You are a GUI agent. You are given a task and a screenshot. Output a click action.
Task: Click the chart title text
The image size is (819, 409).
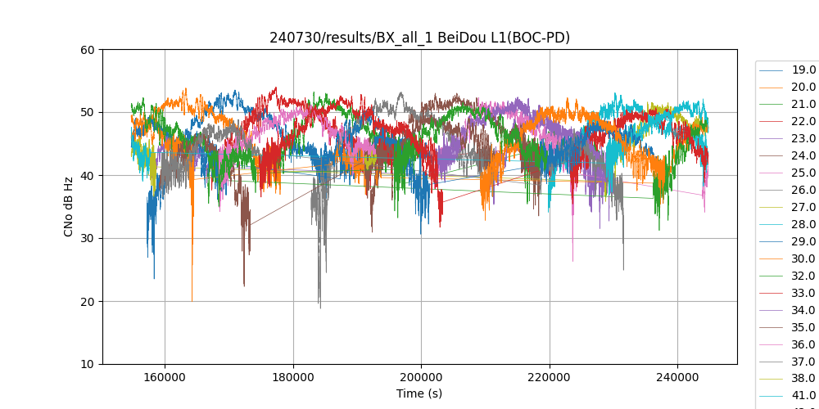(x=419, y=38)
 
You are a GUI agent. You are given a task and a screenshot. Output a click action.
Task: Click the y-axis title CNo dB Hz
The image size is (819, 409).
(x=69, y=207)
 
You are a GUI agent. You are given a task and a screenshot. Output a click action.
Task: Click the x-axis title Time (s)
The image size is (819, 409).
(x=419, y=393)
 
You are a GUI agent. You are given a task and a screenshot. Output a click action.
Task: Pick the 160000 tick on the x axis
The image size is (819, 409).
(x=165, y=376)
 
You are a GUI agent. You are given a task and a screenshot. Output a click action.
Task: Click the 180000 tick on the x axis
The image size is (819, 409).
(x=293, y=376)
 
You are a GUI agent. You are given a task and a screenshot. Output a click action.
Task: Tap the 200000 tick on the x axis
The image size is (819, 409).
(x=421, y=376)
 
